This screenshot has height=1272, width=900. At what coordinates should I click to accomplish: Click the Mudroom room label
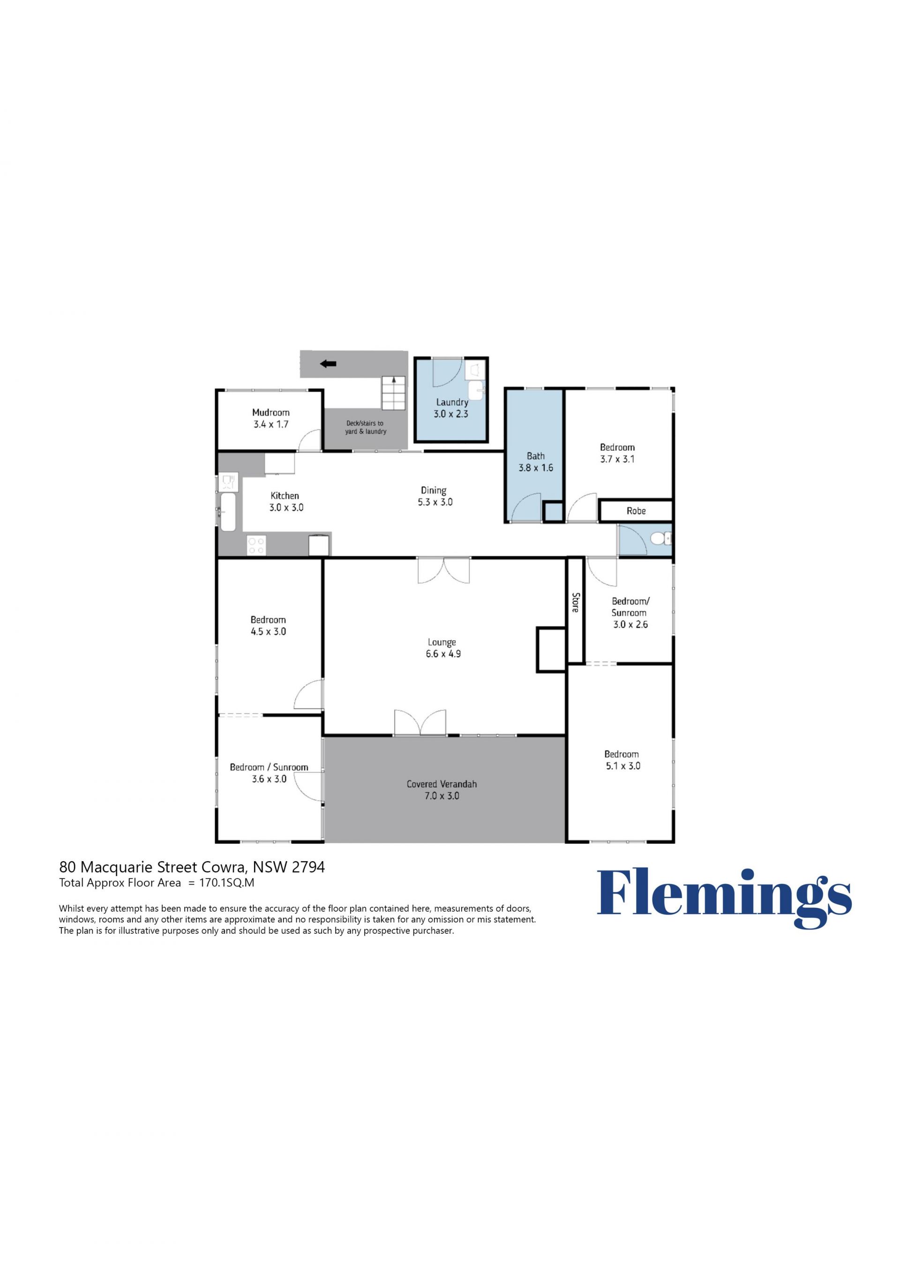271,412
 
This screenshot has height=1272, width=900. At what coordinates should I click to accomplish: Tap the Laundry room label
452,402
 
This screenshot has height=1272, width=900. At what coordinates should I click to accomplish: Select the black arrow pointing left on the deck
329,364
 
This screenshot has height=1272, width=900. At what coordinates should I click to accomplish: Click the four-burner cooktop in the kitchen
256,545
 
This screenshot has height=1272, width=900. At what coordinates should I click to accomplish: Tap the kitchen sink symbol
228,511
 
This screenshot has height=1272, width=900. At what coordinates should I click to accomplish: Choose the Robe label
636,511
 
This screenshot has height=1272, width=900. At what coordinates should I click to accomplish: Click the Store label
575,602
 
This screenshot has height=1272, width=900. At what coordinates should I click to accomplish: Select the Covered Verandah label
442,784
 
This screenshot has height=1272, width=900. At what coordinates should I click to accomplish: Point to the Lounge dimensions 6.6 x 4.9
443,654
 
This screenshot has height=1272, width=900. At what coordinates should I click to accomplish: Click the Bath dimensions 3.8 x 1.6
536,468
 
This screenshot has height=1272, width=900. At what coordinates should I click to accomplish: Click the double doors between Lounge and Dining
443,571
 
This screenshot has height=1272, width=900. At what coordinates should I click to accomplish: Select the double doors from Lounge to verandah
420,723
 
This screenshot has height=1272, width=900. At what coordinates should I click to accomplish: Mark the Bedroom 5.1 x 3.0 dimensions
622,766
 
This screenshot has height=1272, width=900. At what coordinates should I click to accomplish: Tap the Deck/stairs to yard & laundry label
365,427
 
